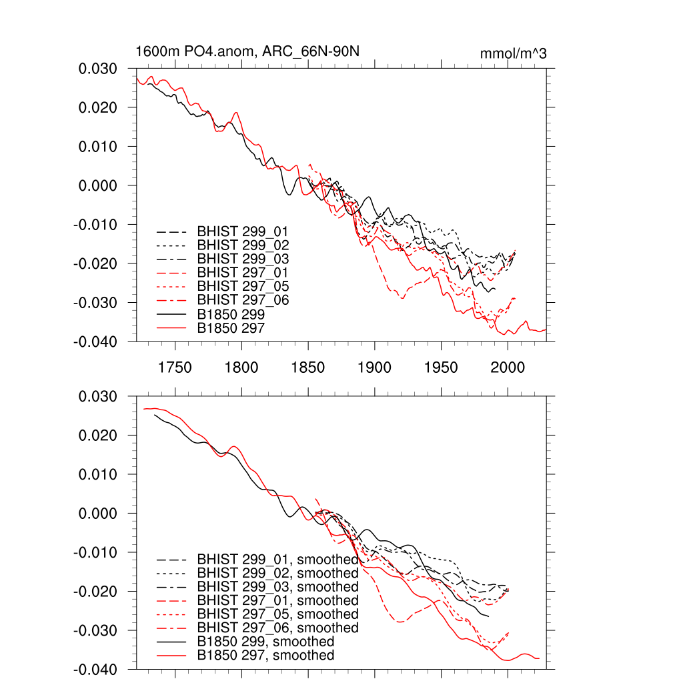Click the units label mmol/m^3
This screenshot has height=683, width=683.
pos(513,53)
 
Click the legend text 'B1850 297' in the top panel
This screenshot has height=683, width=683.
pos(231,327)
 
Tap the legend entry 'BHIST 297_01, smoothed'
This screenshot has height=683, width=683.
pos(277,600)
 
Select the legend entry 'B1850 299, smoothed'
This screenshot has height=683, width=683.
pos(265,642)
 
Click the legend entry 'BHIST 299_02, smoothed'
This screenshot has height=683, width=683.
pos(277,573)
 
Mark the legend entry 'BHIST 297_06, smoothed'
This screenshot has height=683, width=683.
pos(277,628)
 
